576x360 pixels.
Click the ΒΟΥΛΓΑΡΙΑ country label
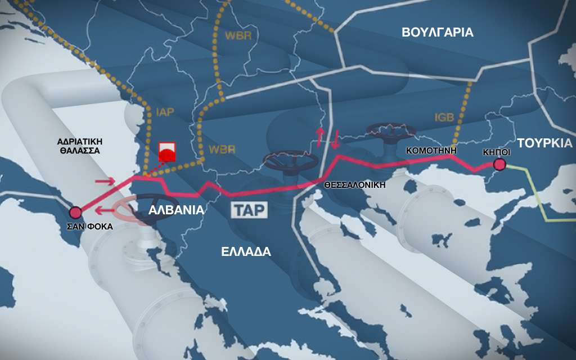(438, 32)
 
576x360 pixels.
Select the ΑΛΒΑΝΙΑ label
(175, 210)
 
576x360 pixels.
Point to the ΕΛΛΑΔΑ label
(246, 251)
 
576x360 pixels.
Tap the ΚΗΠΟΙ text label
(497, 152)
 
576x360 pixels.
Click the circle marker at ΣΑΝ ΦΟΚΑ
(75, 212)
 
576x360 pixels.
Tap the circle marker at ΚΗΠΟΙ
(499, 164)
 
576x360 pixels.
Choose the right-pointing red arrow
(106, 181)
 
